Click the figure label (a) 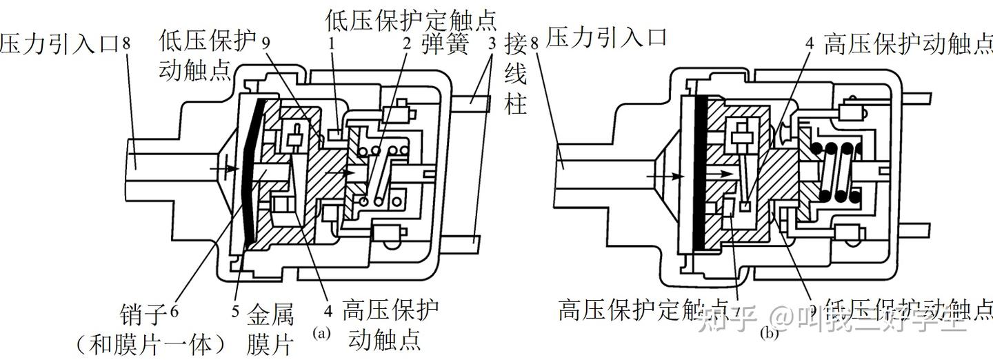click(x=322, y=333)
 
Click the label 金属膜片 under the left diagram click(x=270, y=330)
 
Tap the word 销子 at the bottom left click(x=142, y=315)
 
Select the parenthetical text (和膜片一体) click(x=150, y=343)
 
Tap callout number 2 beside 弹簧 click(x=408, y=46)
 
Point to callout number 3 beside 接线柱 click(x=491, y=45)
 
